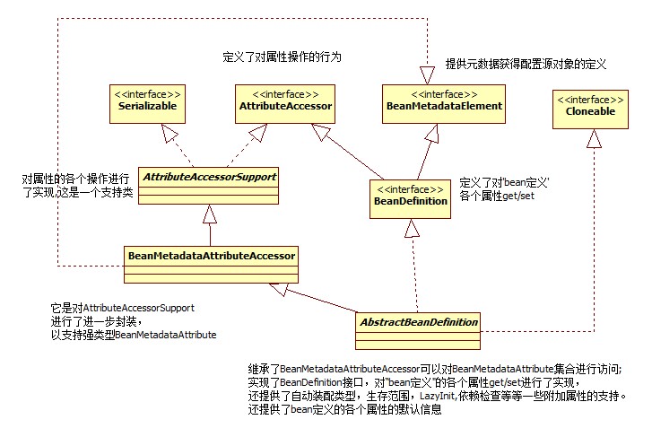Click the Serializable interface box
point(147,104)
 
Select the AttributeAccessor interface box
point(286,104)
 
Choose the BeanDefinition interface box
point(410,200)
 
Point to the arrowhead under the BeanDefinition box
point(412,229)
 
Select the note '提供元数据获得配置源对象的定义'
point(526,65)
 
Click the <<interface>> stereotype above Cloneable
point(588,99)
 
